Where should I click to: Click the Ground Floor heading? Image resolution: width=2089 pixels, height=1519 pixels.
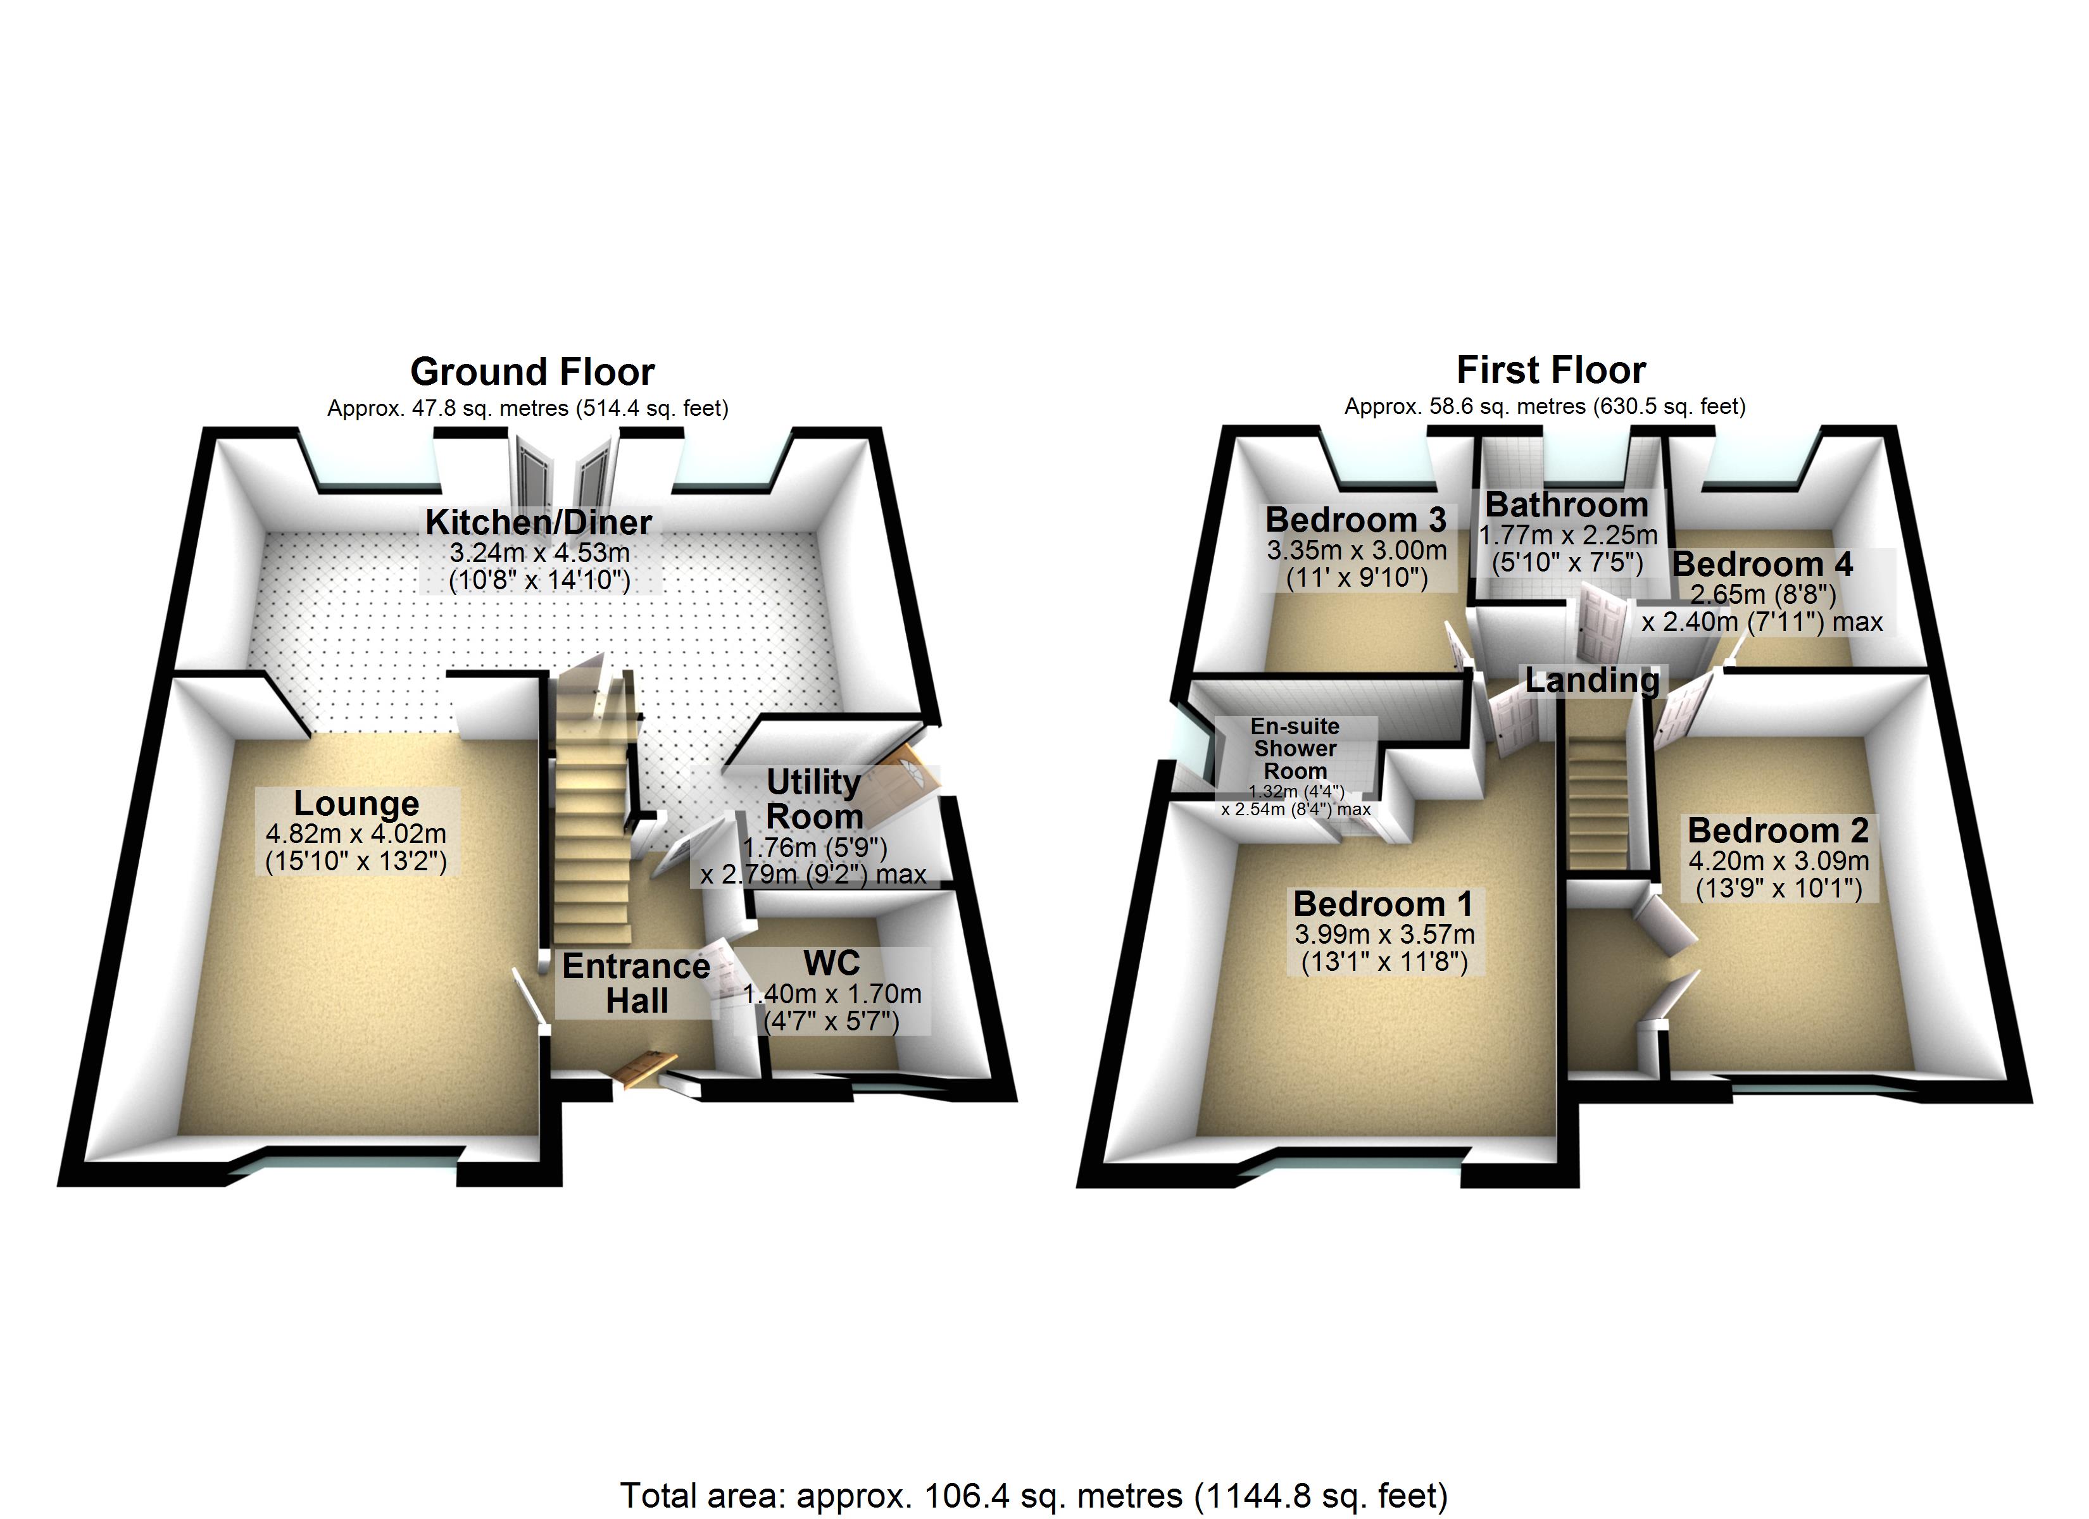click(x=532, y=372)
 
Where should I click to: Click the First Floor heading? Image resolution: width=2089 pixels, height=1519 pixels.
click(x=1551, y=370)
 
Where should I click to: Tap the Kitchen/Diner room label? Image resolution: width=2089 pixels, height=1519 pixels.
click(x=539, y=522)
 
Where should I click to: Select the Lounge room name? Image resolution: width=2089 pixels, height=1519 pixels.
click(x=356, y=803)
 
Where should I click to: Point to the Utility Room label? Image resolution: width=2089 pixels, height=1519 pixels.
click(x=814, y=799)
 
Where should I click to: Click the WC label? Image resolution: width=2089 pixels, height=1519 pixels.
click(x=832, y=963)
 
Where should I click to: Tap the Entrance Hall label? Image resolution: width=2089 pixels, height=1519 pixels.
click(x=636, y=984)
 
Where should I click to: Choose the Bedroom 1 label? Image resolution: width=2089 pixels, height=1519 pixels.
click(x=1383, y=904)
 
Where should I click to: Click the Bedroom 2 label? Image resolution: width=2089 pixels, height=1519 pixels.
click(x=1779, y=831)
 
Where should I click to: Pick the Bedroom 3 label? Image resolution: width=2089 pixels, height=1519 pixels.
click(x=1356, y=520)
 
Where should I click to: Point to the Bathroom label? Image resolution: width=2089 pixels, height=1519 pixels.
click(x=1567, y=505)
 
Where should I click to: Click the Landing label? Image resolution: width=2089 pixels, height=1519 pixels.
click(x=1593, y=681)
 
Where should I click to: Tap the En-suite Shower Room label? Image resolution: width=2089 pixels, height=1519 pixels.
click(x=1295, y=749)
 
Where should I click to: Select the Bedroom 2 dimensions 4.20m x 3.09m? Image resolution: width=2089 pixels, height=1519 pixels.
click(x=1779, y=861)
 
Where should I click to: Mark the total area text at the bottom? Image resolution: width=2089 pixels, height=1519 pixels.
click(x=1034, y=1494)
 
